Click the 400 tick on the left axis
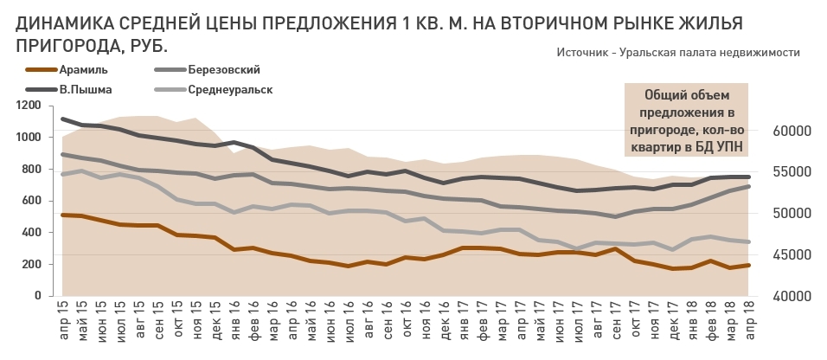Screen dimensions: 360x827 (x=32, y=233)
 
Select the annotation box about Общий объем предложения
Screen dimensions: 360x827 (x=686, y=120)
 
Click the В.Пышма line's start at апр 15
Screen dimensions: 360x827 (x=63, y=119)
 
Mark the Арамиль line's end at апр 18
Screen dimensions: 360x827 (x=748, y=265)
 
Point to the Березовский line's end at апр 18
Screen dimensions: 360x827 (x=748, y=186)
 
